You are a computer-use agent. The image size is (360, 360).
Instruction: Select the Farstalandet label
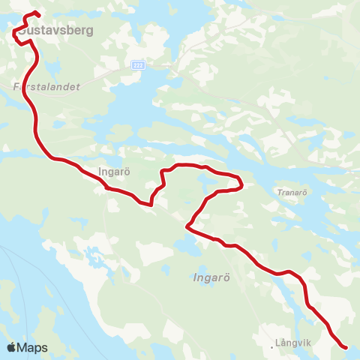click(46, 86)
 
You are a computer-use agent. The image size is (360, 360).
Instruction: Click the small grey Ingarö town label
click(115, 171)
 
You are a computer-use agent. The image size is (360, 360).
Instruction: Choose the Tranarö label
click(292, 190)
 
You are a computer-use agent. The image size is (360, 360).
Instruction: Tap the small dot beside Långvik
click(272, 347)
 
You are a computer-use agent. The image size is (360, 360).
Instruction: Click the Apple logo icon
click(12, 346)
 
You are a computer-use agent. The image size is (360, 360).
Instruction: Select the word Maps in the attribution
click(33, 347)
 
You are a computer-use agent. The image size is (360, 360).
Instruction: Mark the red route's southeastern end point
click(345, 347)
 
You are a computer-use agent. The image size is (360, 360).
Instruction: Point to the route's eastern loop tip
click(241, 182)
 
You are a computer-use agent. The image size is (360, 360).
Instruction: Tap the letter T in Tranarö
click(277, 190)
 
